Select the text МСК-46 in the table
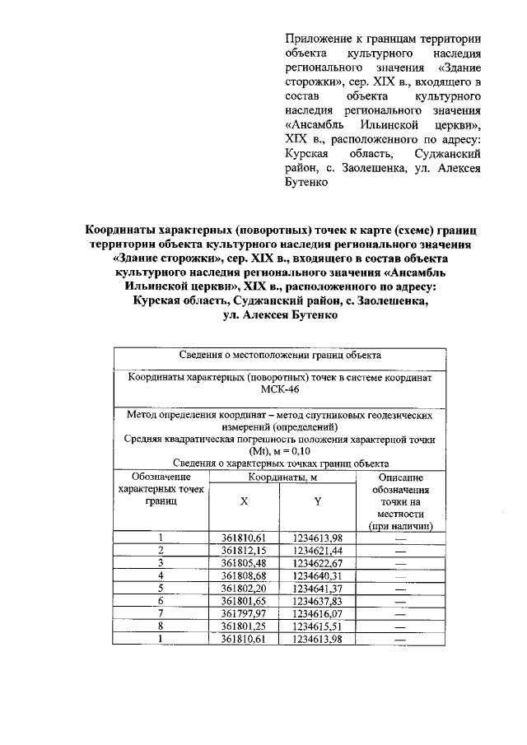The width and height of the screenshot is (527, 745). click(x=280, y=390)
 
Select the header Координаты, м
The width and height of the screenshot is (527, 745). click(x=280, y=477)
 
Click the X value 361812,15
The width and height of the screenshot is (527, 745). click(x=244, y=550)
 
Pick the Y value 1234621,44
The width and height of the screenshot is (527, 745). click(x=317, y=550)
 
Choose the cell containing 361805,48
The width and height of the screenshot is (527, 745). click(x=244, y=562)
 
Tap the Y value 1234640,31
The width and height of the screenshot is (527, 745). click(x=317, y=575)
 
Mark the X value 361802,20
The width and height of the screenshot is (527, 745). click(x=244, y=588)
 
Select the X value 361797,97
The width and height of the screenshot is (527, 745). click(x=244, y=613)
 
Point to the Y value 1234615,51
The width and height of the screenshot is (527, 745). click(x=317, y=626)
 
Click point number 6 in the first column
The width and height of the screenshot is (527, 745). click(x=161, y=601)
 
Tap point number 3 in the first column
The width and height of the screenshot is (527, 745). click(x=161, y=562)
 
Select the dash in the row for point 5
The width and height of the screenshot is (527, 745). click(x=400, y=588)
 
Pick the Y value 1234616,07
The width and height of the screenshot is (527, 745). click(x=317, y=613)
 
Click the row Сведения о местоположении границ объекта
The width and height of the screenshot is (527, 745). click(x=280, y=356)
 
